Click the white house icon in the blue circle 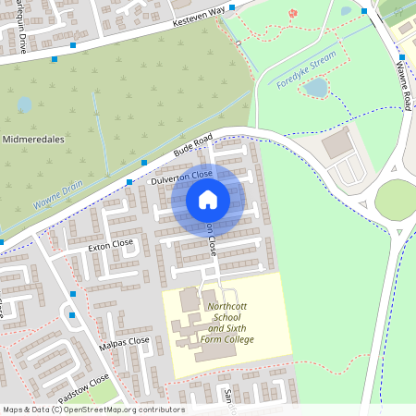click(x=208, y=200)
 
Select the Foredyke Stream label click(x=305, y=70)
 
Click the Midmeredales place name click(x=32, y=139)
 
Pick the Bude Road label click(x=192, y=147)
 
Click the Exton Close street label click(x=111, y=247)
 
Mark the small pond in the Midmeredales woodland click(x=24, y=104)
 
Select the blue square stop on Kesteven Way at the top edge click(x=232, y=6)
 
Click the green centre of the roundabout click(x=395, y=199)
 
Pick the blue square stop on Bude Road click(x=143, y=161)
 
